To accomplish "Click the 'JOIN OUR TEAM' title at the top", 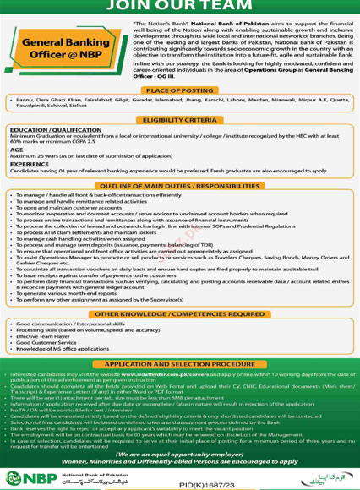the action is (180, 8).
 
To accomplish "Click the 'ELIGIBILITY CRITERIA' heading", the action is (179, 121).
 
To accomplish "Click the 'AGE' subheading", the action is (17, 149).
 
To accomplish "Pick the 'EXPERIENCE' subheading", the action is (30, 165).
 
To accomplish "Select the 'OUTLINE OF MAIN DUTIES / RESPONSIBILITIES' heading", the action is (179, 185).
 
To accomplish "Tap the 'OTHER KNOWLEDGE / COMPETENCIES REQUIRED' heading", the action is (179, 313).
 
